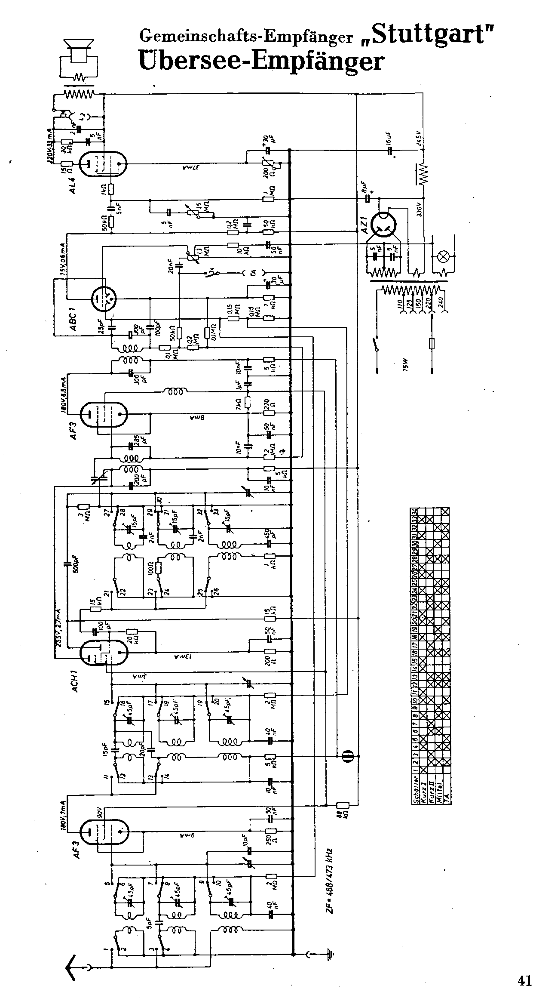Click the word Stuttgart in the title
pyautogui.click(x=432, y=35)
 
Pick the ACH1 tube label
pyautogui.click(x=74, y=681)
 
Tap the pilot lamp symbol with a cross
pyautogui.click(x=443, y=257)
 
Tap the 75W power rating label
pyautogui.click(x=404, y=368)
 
